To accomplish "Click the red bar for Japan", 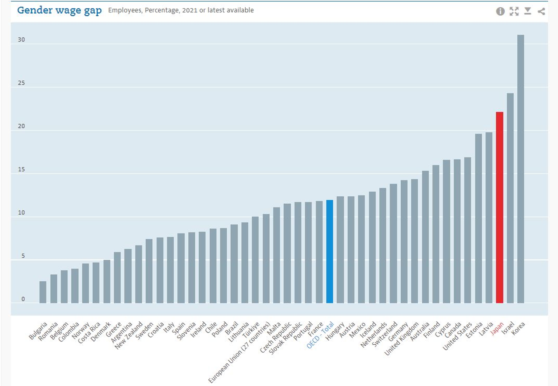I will [x=499, y=208].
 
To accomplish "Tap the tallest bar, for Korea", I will [x=521, y=169].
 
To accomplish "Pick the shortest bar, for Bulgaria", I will [x=43, y=292].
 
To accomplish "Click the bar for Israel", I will [x=510, y=198].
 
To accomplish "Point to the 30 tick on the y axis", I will [x=21, y=40].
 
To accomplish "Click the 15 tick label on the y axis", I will [x=21, y=170].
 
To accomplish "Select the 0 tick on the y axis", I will [x=23, y=299].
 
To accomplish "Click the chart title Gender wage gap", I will [x=59, y=10].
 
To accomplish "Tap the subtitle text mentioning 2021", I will [x=181, y=10].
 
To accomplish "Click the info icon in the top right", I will [x=500, y=11].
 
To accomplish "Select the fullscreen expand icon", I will [x=514, y=11].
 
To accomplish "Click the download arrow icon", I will [x=528, y=11].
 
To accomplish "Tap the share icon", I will [x=541, y=11].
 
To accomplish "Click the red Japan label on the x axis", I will [x=497, y=328].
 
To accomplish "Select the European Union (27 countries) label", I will [x=239, y=352].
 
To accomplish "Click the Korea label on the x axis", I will [x=518, y=328].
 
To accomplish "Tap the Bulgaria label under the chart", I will [x=38, y=331].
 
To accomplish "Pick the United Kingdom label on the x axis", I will [x=401, y=338].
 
